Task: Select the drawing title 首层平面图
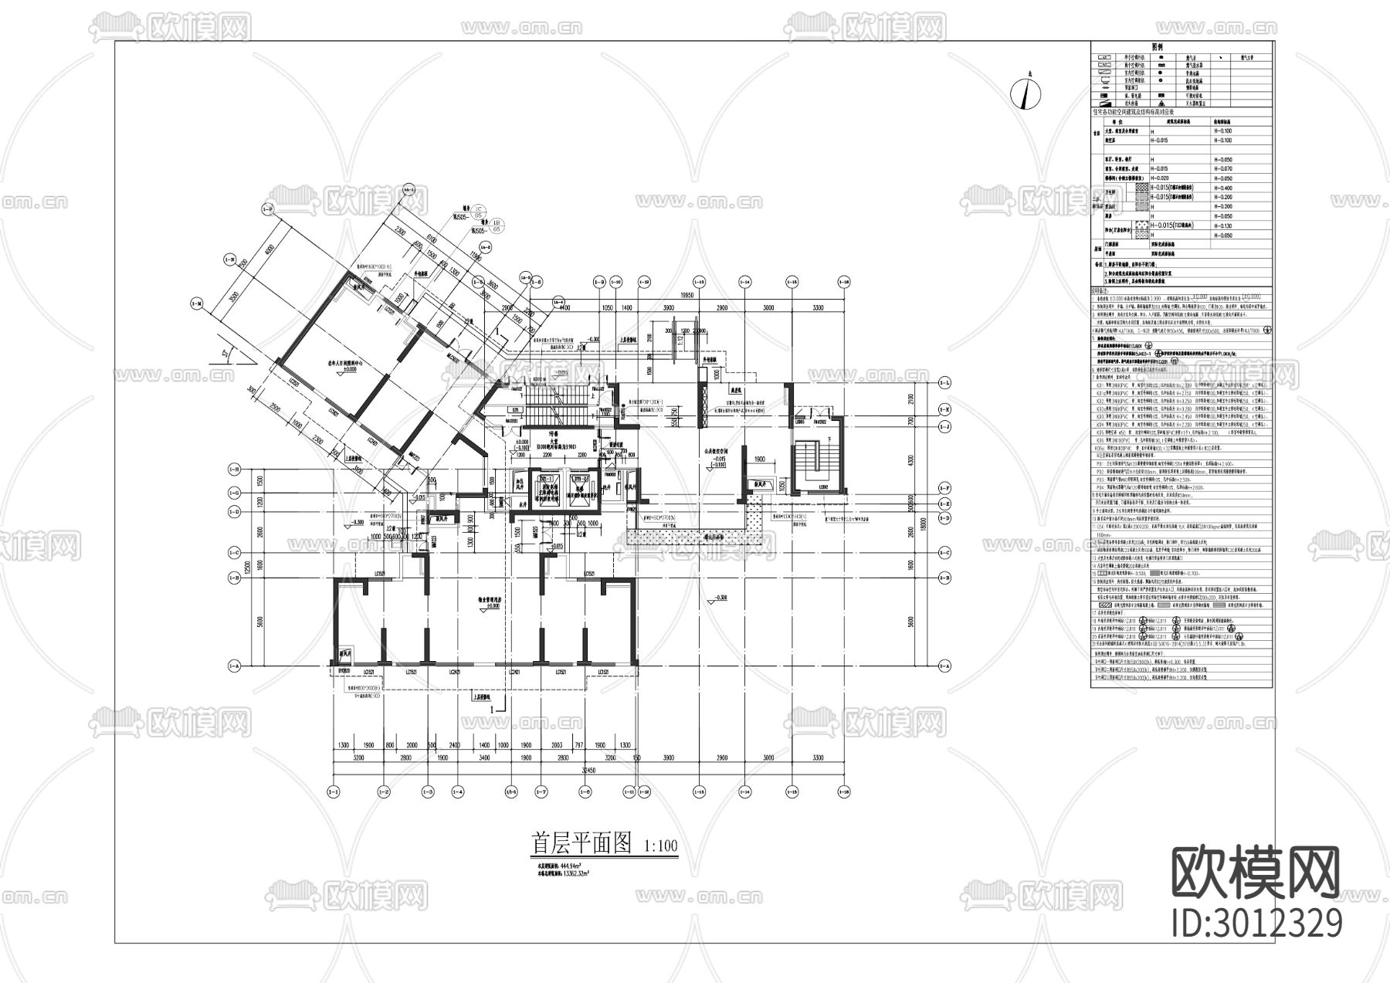tap(581, 844)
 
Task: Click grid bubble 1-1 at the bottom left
tap(334, 791)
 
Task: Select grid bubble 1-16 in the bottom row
tap(843, 791)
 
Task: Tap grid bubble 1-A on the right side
tap(944, 665)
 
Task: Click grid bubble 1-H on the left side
tap(233, 469)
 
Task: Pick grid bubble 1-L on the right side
tap(944, 383)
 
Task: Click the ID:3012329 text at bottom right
tap(1256, 923)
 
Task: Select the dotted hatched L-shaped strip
tap(699, 536)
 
